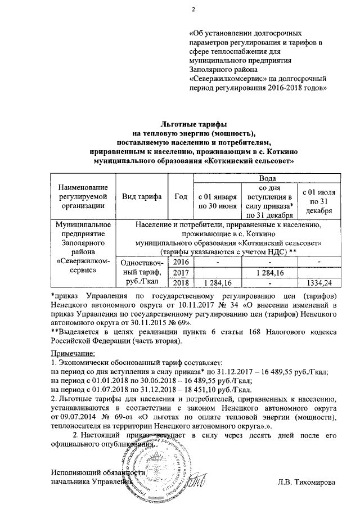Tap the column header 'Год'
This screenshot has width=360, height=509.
point(181,196)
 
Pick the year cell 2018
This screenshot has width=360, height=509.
point(181,282)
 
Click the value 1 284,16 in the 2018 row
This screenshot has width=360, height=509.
point(216,282)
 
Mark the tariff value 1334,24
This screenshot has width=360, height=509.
point(319,282)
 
